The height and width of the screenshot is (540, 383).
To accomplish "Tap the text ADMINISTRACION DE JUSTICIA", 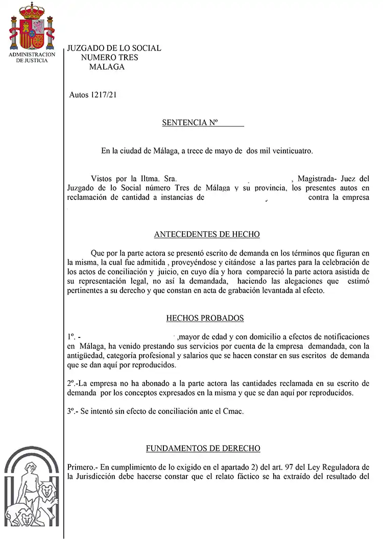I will coord(32,57).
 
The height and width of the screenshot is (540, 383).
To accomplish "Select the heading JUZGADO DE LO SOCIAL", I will coord(114,48).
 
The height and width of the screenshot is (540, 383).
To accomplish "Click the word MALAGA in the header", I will coord(107,67).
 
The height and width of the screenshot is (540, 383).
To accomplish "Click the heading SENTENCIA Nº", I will coord(190,122).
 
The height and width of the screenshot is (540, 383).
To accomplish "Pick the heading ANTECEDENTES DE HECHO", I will coord(207,234).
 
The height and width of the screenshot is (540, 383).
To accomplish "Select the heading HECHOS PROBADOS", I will coord(205,318).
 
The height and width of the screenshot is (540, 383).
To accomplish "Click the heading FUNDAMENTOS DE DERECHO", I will coord(203,448).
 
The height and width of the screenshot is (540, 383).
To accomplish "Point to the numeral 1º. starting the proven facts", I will coord(71,337).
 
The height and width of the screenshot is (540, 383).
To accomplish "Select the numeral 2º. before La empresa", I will coord(73,383).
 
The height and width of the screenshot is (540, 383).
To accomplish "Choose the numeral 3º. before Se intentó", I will coord(72,411).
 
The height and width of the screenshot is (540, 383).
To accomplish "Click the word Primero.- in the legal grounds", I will coord(83,467).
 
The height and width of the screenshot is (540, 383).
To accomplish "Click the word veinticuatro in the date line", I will coord(289,151).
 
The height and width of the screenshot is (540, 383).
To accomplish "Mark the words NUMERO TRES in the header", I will coord(109,58).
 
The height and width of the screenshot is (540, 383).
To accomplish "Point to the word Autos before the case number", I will coord(79,95).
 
